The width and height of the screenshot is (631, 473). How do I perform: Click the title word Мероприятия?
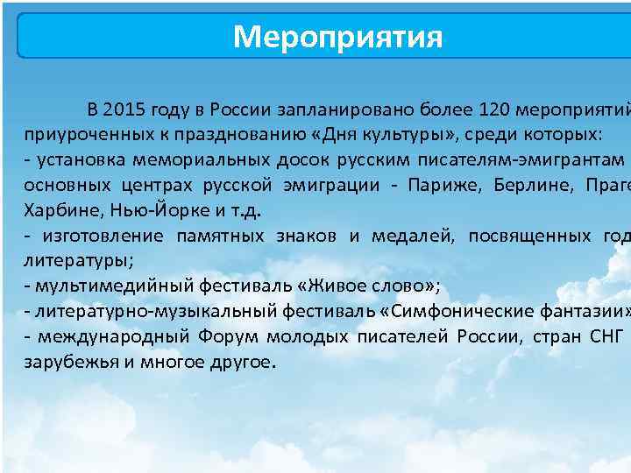coord(337,38)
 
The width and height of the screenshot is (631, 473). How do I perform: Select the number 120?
coord(495,110)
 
